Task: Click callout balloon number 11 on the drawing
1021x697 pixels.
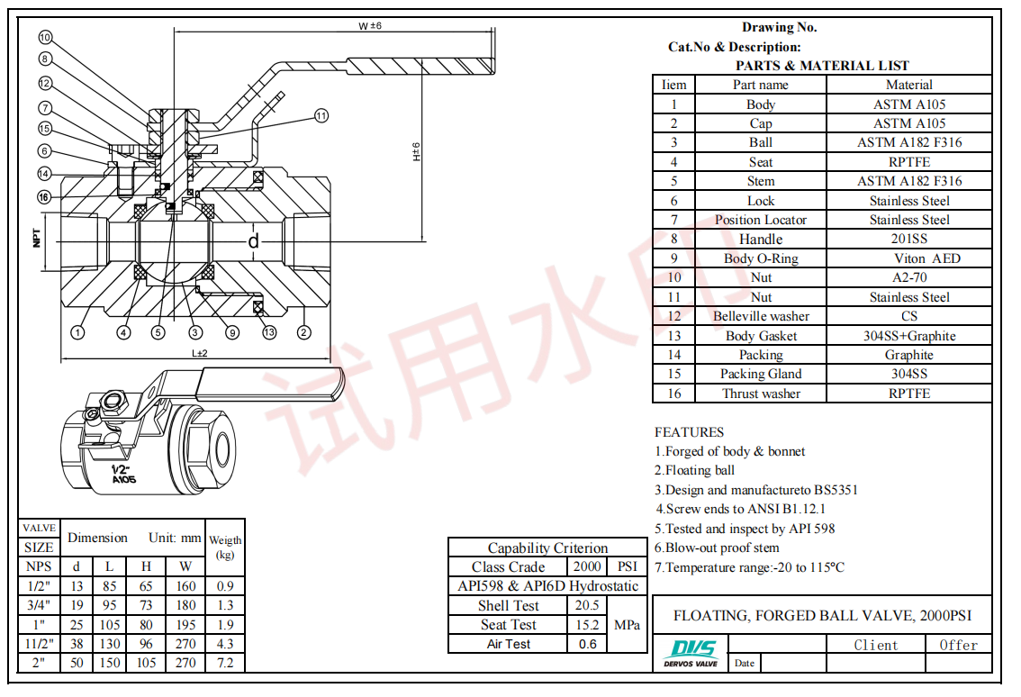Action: coord(322,115)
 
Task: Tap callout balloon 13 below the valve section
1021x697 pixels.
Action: coord(269,333)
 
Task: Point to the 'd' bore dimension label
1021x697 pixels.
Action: coord(254,240)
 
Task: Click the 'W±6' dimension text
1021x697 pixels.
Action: coord(370,26)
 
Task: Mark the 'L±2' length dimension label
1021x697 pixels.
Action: coord(200,353)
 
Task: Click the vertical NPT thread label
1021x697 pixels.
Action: coord(38,238)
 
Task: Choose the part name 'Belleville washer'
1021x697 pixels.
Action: coord(761,316)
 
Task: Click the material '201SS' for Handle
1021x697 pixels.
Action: coord(909,240)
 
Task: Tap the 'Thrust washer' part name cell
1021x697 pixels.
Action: coord(761,394)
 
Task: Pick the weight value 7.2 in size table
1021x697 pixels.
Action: coord(225,663)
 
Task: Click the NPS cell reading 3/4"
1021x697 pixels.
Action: coord(39,605)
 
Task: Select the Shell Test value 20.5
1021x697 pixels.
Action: coord(587,606)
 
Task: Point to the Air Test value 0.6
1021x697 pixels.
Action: coord(587,644)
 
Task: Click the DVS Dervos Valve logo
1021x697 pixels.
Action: coord(691,653)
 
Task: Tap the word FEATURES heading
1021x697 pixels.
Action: coord(689,432)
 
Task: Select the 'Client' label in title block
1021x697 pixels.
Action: coord(876,645)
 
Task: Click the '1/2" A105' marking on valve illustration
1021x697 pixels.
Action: coord(122,475)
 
